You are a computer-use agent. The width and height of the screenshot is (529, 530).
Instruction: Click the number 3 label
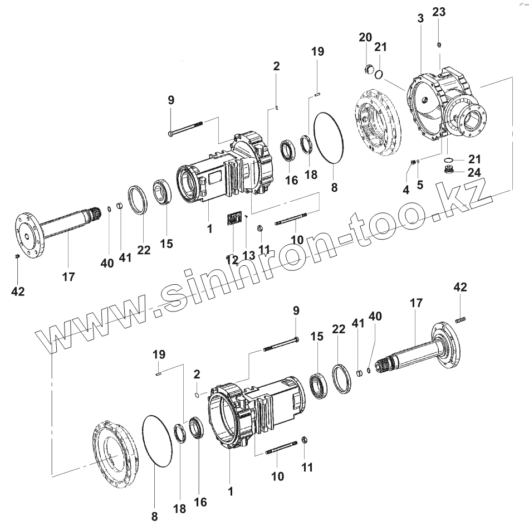pyautogui.click(x=420, y=18)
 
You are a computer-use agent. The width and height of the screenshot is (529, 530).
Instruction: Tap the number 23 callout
pyautogui.click(x=439, y=12)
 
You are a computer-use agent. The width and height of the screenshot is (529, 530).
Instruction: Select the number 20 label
pyautogui.click(x=365, y=37)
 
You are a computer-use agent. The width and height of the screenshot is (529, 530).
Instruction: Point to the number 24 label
pyautogui.click(x=474, y=172)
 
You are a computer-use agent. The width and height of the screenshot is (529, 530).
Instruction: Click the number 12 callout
pyautogui.click(x=232, y=260)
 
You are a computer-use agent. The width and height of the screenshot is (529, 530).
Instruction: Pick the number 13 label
pyautogui.click(x=248, y=255)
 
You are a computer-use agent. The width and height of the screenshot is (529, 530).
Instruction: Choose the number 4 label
pyautogui.click(x=405, y=189)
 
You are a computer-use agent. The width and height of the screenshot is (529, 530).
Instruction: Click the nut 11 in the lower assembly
pyautogui.click(x=305, y=441)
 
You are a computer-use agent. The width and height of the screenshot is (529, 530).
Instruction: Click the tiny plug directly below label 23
pyautogui.click(x=439, y=45)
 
